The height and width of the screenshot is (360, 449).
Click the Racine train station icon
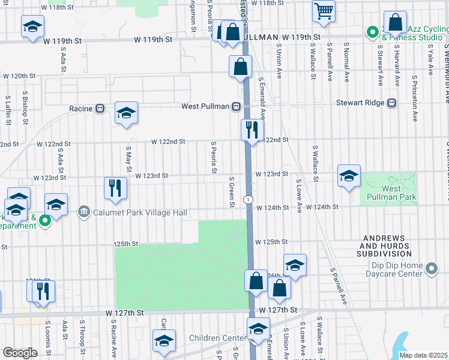[x=100, y=109]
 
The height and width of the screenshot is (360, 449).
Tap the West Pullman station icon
[x=237, y=107]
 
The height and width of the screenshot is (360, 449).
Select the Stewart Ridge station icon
[x=392, y=103]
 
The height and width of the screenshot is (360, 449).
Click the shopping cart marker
[x=324, y=11]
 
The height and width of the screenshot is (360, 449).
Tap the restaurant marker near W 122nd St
[x=252, y=129]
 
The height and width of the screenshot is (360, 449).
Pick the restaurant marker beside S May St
[x=114, y=187]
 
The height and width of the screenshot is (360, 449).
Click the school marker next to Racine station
[x=126, y=112]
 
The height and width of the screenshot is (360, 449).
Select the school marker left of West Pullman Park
[x=349, y=176]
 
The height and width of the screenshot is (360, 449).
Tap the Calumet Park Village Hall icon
[x=83, y=212]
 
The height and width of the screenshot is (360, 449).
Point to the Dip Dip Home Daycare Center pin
[x=431, y=270]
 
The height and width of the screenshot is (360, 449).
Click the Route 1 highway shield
[x=247, y=199]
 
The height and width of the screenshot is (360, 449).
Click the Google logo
[x=20, y=353]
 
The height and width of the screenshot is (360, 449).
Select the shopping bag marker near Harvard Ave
[x=396, y=23]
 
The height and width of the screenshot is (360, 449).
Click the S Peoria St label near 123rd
[x=214, y=158]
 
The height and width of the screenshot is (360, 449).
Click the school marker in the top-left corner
[x=32, y=26]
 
